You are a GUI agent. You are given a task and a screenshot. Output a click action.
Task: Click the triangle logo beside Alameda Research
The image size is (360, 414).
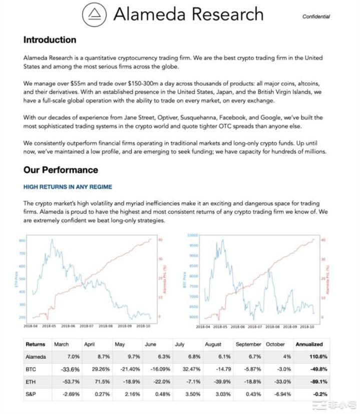(93, 15)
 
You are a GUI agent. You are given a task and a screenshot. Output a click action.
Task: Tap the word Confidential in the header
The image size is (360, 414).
(316, 17)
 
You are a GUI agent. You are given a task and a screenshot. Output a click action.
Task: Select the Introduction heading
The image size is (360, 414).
(50, 40)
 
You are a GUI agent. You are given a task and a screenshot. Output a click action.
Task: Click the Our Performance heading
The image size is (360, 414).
(61, 170)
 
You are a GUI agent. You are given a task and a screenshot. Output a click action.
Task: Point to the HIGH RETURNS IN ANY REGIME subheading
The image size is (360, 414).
(68, 187)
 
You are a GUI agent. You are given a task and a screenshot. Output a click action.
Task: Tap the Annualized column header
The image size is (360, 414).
(309, 344)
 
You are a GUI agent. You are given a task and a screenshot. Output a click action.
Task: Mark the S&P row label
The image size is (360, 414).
(31, 393)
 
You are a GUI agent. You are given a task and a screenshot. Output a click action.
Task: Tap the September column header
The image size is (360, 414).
(248, 344)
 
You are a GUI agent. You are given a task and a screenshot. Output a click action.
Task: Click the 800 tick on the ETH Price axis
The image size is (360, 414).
(22, 241)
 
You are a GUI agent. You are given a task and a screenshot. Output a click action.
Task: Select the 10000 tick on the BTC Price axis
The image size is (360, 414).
(192, 235)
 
